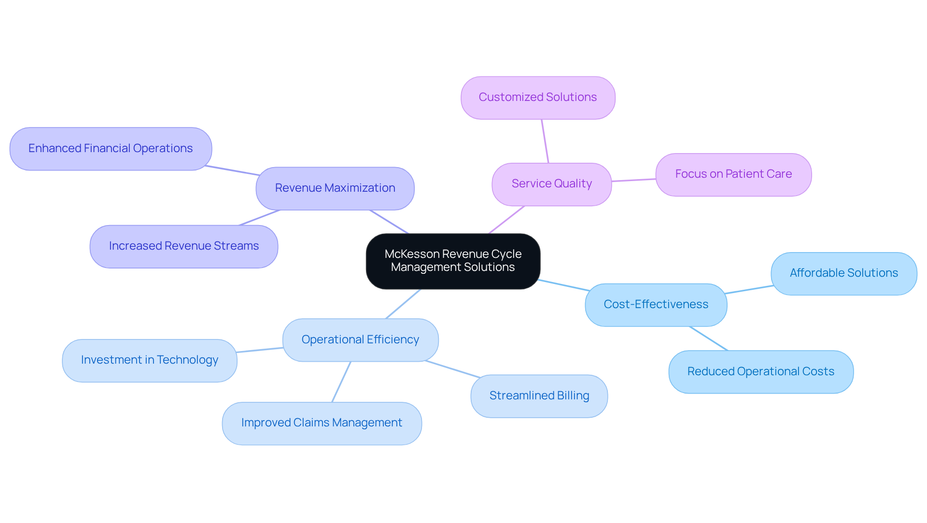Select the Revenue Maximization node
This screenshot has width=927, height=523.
pyautogui.click(x=335, y=188)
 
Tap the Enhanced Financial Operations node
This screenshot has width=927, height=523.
pyautogui.click(x=111, y=149)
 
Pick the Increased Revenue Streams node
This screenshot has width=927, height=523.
pyautogui.click(x=184, y=246)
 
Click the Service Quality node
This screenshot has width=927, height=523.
pyautogui.click(x=551, y=184)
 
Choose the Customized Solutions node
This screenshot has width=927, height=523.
pyautogui.click(x=538, y=98)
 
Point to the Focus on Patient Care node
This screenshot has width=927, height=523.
pyautogui.click(x=733, y=174)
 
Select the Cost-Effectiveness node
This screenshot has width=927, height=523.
pyautogui.click(x=656, y=305)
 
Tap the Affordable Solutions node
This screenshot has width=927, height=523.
pyautogui.click(x=843, y=273)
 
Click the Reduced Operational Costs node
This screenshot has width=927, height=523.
pyautogui.click(x=760, y=372)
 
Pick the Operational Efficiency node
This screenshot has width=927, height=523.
pyautogui.click(x=360, y=340)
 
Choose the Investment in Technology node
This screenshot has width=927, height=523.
pyautogui.click(x=150, y=360)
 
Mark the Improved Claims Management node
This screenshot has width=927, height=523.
pyautogui.click(x=322, y=423)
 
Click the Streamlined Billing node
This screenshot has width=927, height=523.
pyautogui.click(x=539, y=396)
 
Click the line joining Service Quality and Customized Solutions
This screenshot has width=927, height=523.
pyautogui.click(x=545, y=141)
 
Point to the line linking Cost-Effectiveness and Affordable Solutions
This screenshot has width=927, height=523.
pyautogui.click(x=749, y=290)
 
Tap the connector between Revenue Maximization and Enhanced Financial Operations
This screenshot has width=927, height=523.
pyautogui.click(x=233, y=170)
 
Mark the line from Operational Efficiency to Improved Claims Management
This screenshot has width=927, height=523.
pyautogui.click(x=341, y=382)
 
